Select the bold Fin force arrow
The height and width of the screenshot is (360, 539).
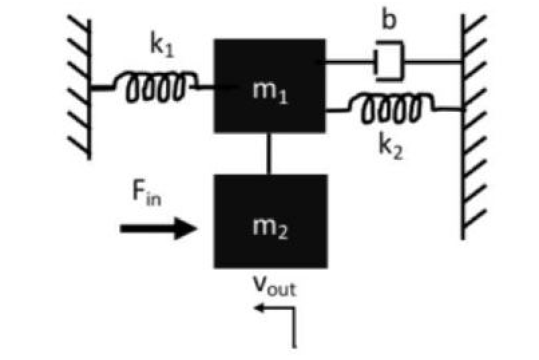tap(158, 229)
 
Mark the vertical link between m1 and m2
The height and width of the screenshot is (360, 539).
tap(269, 153)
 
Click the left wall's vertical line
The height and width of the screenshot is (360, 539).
tap(90, 87)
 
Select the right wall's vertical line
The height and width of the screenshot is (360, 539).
tap(462, 127)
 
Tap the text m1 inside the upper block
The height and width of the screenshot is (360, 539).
tap(269, 90)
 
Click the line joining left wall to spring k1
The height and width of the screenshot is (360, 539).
tap(102, 87)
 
